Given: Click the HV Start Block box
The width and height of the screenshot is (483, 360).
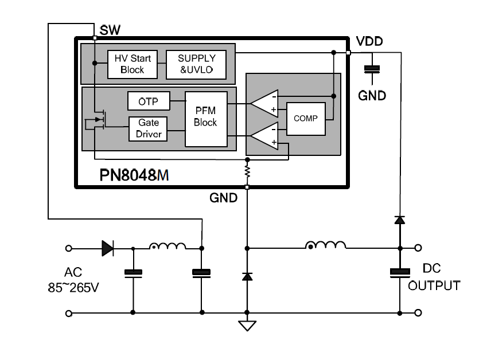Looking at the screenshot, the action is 133,64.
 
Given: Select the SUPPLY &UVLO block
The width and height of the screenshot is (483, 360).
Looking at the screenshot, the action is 196,64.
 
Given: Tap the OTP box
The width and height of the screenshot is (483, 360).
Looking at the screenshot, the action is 149,101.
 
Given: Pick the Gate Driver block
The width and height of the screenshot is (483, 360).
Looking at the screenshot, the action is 148,129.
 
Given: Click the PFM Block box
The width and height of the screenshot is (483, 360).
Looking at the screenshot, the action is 206,119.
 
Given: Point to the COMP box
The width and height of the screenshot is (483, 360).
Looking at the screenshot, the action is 306,119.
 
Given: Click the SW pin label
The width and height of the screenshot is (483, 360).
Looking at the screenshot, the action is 110,30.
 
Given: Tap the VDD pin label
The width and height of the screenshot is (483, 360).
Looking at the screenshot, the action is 369,41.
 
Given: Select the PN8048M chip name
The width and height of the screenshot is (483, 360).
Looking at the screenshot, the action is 134,175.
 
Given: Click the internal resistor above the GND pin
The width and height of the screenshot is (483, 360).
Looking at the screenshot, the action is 247,171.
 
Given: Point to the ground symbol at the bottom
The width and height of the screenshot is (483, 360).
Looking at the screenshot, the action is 247,326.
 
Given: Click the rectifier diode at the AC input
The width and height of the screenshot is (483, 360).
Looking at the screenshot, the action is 107,248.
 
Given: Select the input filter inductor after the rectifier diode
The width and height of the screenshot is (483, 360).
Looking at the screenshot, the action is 168,246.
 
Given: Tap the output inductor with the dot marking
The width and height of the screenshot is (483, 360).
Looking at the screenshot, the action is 326,245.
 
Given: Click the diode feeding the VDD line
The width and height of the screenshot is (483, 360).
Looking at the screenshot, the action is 400,220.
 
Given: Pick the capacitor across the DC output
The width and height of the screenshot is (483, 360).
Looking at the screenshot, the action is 400,273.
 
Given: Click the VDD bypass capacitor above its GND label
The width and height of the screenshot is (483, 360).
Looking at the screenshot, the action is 372,69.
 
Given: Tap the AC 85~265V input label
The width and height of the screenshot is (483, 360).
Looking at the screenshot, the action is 73,280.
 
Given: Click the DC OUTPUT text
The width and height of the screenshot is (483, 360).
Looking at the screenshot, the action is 434,277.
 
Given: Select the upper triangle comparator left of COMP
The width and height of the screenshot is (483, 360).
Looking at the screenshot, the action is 265,104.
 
